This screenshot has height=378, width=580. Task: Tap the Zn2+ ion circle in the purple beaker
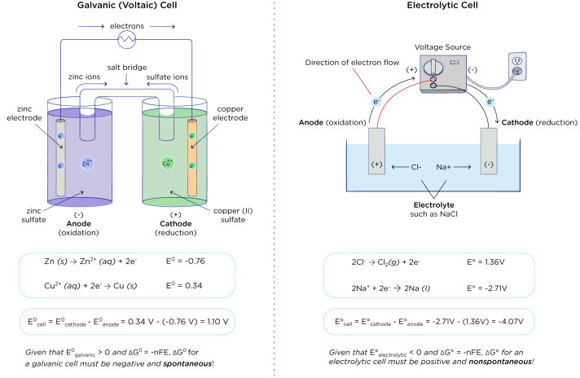tap(87, 164)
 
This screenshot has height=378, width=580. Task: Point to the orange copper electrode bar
tap(192, 159)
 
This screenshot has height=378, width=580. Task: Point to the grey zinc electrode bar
tap(59, 159)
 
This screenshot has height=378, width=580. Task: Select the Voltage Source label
tap(441, 46)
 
